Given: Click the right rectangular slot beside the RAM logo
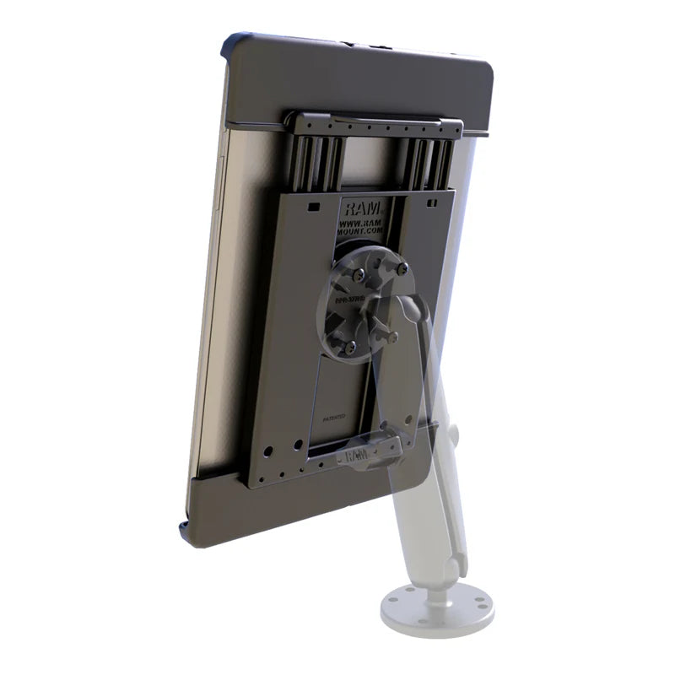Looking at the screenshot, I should [x=431, y=203].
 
